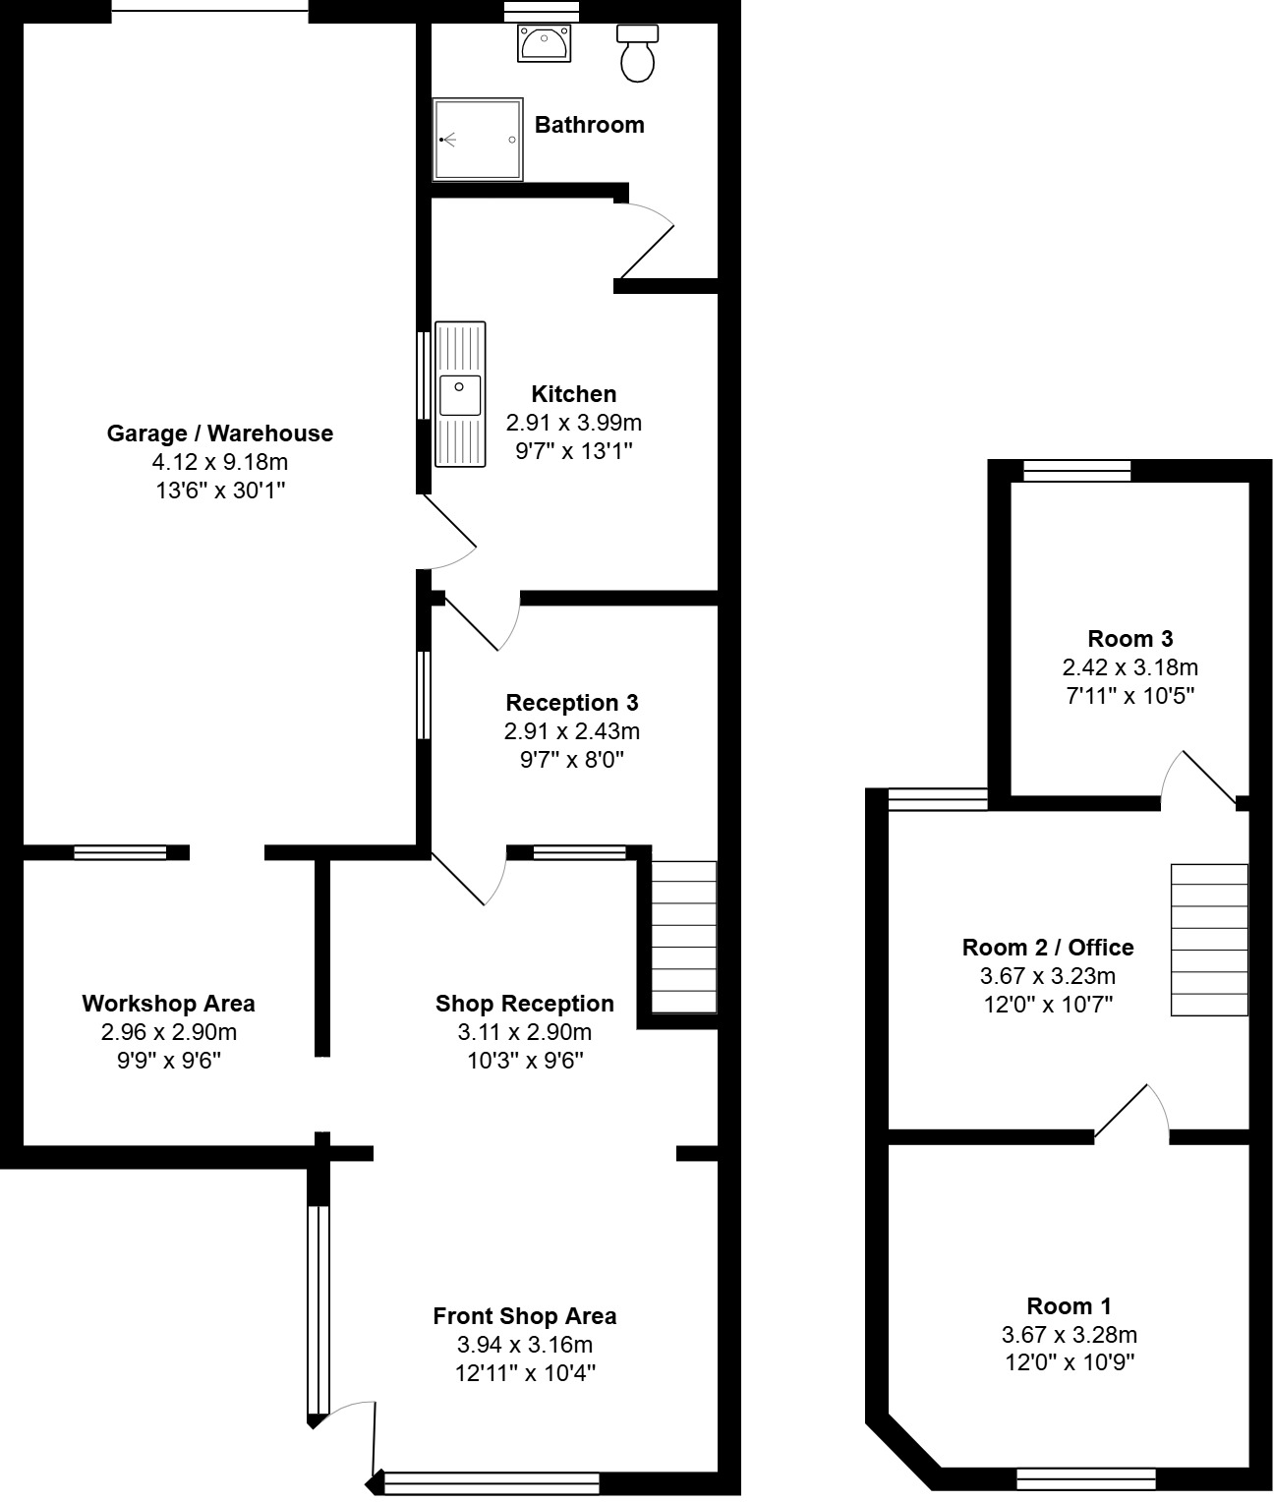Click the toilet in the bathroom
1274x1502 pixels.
(637, 54)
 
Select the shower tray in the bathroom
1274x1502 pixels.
(478, 140)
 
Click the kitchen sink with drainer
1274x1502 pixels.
(460, 394)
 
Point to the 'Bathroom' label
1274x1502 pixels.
(589, 125)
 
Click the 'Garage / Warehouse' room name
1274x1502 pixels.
(219, 433)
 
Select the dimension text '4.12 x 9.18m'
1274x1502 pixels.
(219, 462)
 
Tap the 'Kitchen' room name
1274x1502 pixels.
(573, 394)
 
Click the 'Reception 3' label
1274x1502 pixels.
(571, 703)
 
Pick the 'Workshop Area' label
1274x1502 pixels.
(168, 1004)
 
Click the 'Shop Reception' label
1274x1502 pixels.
(524, 1004)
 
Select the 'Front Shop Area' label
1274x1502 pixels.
(524, 1316)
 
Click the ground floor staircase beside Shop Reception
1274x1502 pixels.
(684, 937)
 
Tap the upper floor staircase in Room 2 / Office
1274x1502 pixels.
(1209, 940)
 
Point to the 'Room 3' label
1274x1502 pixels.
(1129, 639)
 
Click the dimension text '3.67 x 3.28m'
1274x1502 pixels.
(1069, 1335)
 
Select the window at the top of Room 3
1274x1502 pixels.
(1076, 471)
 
